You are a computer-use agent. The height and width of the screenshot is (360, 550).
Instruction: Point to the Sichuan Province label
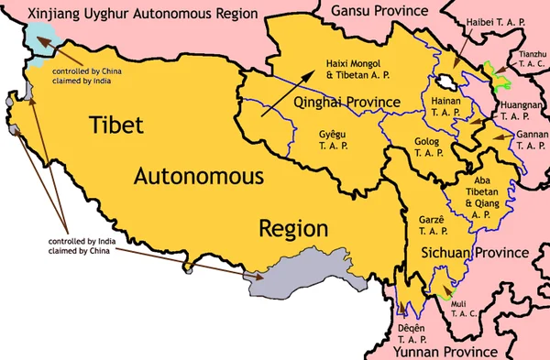476,252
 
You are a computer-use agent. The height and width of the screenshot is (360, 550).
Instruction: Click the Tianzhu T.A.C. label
532,62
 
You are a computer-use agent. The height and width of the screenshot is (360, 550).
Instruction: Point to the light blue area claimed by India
38,40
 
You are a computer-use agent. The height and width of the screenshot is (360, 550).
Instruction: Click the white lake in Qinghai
448,82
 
